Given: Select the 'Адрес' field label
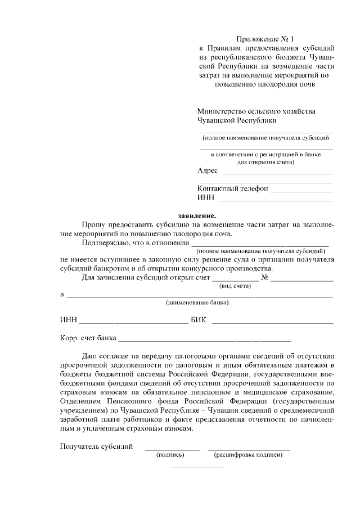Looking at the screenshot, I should click(208, 171).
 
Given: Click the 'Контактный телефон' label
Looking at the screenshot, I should click(232, 188).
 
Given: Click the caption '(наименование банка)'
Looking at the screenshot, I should click(197, 303).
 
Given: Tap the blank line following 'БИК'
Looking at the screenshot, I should click(272, 323).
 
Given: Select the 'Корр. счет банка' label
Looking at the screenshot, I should click(88, 339).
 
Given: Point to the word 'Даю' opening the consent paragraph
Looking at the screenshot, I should click(91, 355).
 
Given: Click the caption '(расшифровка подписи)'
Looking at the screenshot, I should click(248, 455).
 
